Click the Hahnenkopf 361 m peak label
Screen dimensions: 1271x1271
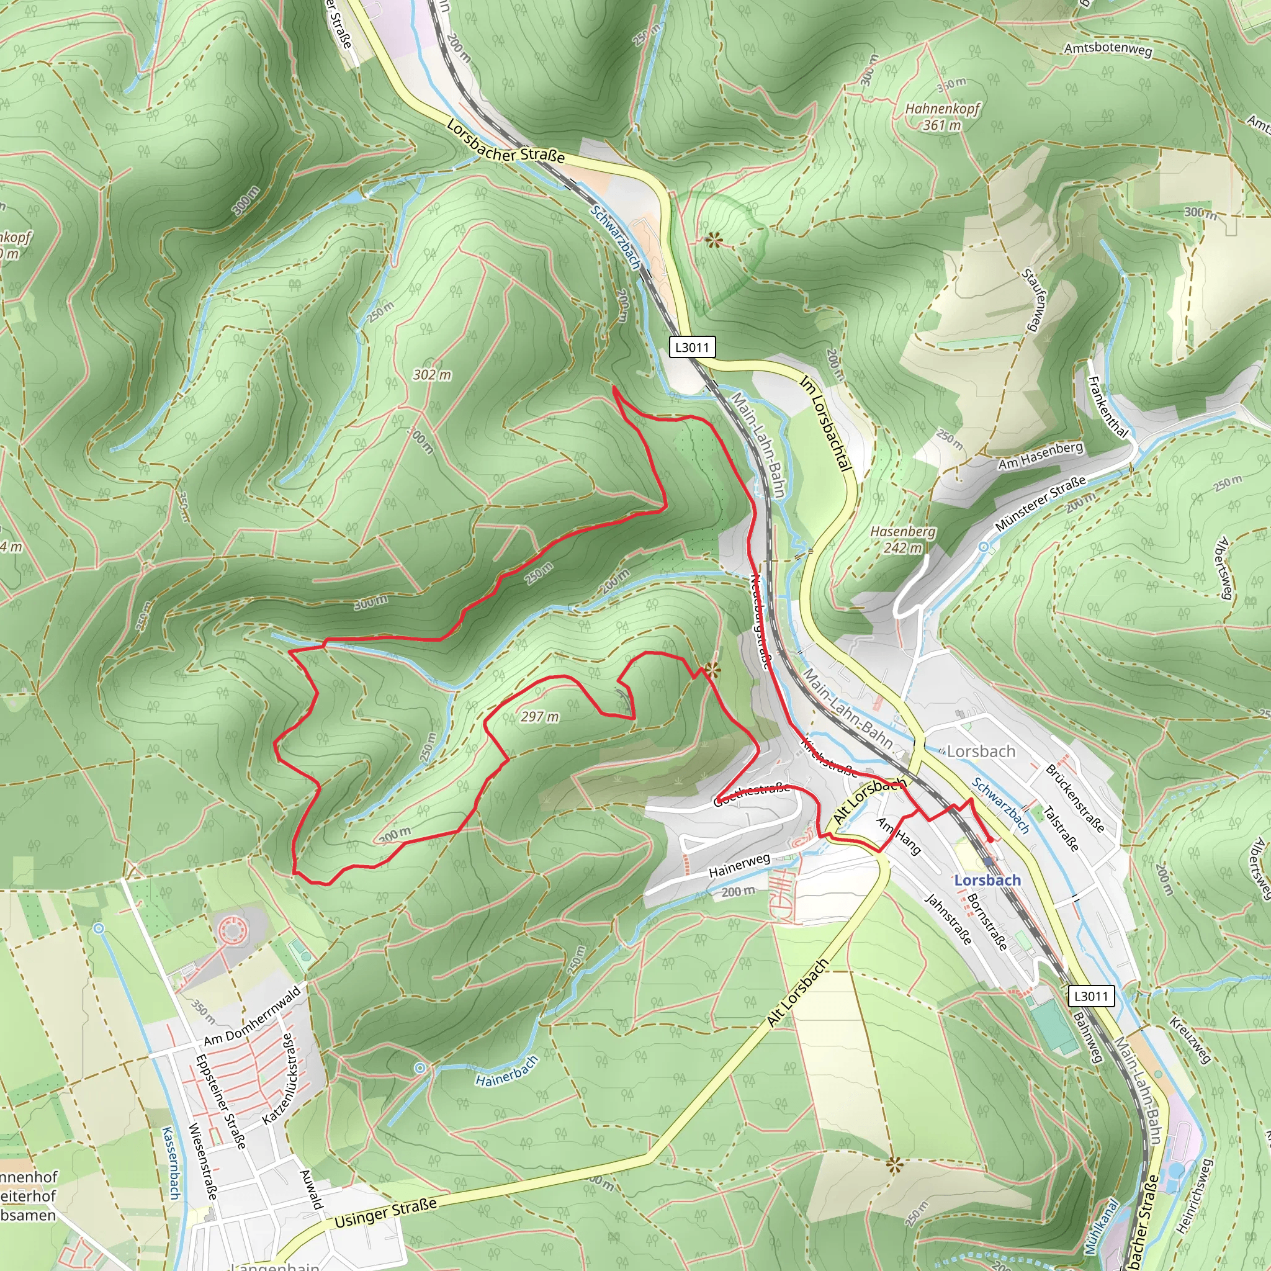pyautogui.click(x=942, y=117)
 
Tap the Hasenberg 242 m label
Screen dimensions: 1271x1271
pyautogui.click(x=902, y=539)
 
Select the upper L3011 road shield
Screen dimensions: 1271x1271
pyautogui.click(x=692, y=347)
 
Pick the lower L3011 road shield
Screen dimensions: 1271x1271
pyautogui.click(x=1091, y=995)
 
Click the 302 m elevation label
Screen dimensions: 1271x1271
pyautogui.click(x=432, y=374)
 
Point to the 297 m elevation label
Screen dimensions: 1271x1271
pyautogui.click(x=539, y=716)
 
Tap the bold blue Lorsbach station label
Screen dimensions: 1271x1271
pyautogui.click(x=987, y=880)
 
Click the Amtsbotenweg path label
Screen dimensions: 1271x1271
pyautogui.click(x=1108, y=48)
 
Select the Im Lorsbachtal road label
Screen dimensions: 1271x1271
pyautogui.click(x=825, y=423)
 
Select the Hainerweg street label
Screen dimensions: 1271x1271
pyautogui.click(x=739, y=866)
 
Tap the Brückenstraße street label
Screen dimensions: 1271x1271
pyautogui.click(x=1075, y=797)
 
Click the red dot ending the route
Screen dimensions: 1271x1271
pyautogui.click(x=990, y=840)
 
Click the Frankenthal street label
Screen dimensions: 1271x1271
pyautogui.click(x=1108, y=407)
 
